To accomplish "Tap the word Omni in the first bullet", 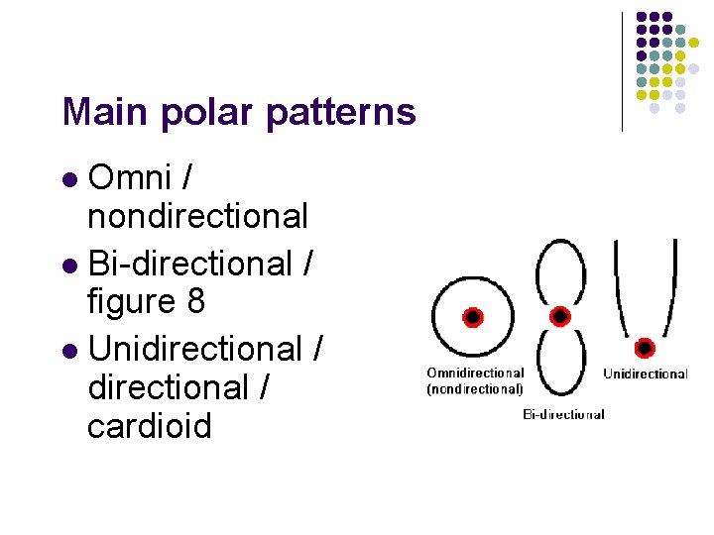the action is point(128,177).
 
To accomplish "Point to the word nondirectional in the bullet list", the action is point(197,215).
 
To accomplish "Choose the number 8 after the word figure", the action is point(194,301).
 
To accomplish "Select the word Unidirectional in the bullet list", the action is point(194,349).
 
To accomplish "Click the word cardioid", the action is point(150,426).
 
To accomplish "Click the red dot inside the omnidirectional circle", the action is point(473,317).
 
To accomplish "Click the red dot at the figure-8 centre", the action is point(560,316).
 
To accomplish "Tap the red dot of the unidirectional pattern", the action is point(645,348).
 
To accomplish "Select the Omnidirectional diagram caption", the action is point(475,373).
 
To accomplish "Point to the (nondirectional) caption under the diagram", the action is point(475,389).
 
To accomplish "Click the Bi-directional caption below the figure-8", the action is point(563,414).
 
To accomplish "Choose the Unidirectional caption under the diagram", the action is point(645,374).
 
